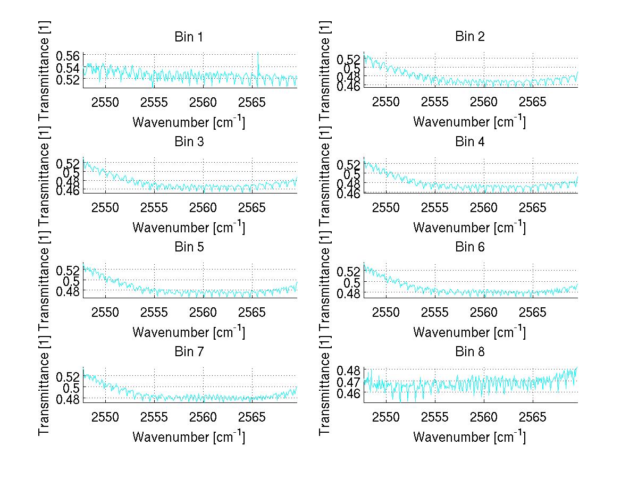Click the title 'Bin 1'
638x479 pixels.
(189, 37)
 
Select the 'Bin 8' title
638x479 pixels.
(470, 352)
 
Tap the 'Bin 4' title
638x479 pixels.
(470, 142)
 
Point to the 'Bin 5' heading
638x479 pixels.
(189, 247)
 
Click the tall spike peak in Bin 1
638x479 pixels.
(258, 53)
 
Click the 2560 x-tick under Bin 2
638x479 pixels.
(484, 102)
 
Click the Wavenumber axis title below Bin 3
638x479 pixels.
(189, 227)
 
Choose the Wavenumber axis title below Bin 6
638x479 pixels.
(469, 332)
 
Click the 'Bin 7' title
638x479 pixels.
(189, 352)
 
